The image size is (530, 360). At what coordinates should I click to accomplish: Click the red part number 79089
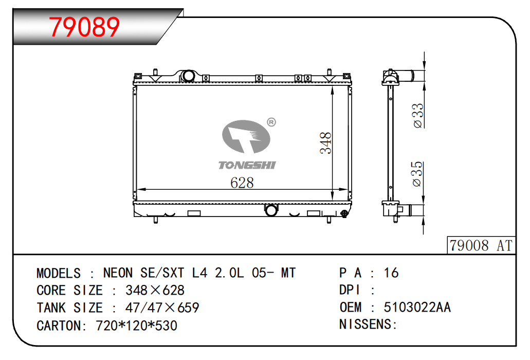click(84, 27)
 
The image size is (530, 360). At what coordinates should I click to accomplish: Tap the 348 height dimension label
click(325, 143)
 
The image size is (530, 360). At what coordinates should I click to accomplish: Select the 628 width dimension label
click(242, 183)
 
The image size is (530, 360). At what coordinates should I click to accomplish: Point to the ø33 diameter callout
click(418, 116)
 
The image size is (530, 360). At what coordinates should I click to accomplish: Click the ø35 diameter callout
click(417, 174)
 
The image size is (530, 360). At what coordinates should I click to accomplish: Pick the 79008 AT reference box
click(481, 245)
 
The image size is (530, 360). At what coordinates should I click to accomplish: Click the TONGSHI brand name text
click(247, 165)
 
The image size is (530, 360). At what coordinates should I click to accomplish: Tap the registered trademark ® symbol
click(271, 122)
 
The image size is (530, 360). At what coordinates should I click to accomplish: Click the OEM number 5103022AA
click(417, 307)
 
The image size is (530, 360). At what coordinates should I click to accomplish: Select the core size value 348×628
click(155, 291)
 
